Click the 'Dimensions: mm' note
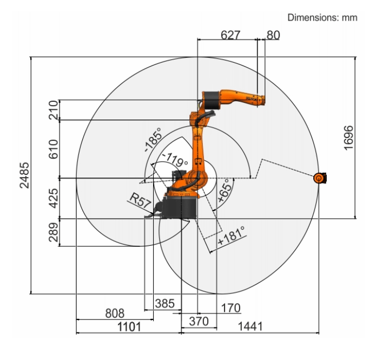[322, 18]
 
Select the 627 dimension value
[230, 35]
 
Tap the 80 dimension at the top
[273, 35]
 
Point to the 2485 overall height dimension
[24, 175]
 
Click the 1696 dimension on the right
[348, 138]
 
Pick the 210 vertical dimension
[54, 110]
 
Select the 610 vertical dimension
[54, 149]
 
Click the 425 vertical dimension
[54, 198]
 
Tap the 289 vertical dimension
[54, 232]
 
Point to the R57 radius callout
[140, 200]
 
